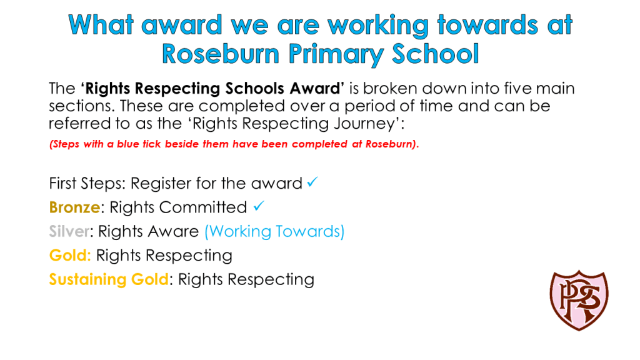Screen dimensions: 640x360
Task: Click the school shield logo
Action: click(x=579, y=301)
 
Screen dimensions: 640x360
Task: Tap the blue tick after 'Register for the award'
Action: click(x=312, y=182)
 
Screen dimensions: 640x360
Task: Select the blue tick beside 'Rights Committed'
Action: click(x=259, y=206)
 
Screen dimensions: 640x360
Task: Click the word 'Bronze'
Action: click(x=75, y=207)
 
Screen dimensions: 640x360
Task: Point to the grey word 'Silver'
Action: click(x=69, y=231)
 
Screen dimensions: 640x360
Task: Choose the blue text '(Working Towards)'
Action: click(x=274, y=231)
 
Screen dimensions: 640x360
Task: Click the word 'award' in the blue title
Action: click(x=182, y=25)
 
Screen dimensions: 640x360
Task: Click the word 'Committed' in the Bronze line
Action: click(x=203, y=207)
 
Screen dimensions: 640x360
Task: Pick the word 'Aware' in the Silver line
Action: click(x=174, y=231)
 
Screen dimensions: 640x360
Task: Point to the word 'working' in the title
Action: click(x=378, y=26)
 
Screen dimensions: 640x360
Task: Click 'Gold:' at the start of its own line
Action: click(x=70, y=256)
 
